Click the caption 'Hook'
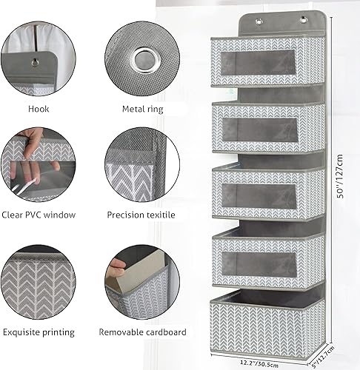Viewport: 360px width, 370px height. (37, 109)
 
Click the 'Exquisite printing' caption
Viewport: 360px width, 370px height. (37, 332)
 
